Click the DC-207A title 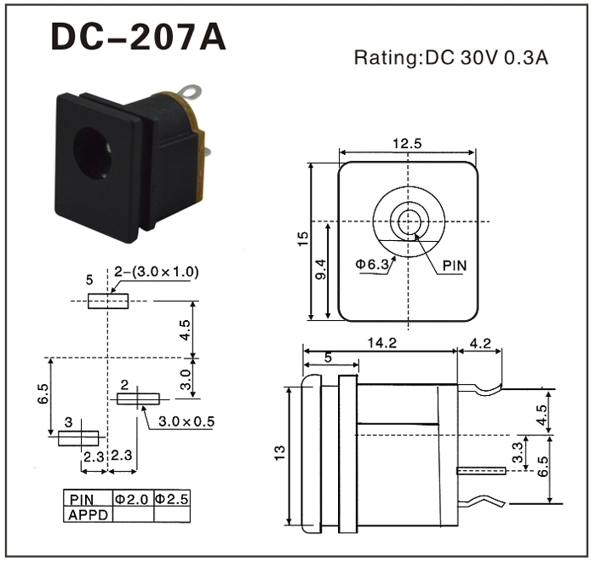(x=139, y=36)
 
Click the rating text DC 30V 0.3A (x=450, y=59)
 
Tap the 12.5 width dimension (x=407, y=143)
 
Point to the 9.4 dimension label (x=322, y=271)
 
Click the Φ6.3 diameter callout (x=372, y=265)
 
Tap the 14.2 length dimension (x=385, y=345)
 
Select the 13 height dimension (x=280, y=454)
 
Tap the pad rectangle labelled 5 (x=108, y=301)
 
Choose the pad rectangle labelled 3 (x=79, y=439)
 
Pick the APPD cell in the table (x=89, y=514)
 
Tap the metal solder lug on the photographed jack (x=194, y=89)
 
